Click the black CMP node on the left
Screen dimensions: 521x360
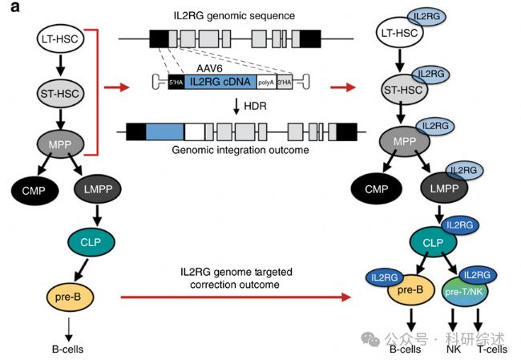[35, 191]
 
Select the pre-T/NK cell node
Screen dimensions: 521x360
[464, 293]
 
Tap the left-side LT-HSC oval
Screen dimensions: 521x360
[60, 39]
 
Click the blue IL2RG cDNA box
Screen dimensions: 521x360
[220, 82]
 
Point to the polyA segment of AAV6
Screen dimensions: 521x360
[266, 82]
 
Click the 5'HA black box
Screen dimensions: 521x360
[176, 82]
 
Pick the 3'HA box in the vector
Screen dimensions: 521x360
[285, 82]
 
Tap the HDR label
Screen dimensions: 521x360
[255, 106]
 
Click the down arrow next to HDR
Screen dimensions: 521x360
[236, 107]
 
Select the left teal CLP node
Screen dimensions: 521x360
[91, 242]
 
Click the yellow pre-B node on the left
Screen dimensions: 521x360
[70, 297]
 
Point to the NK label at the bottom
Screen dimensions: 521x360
[454, 350]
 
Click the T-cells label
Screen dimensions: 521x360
[492, 350]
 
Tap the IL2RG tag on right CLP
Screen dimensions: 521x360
[460, 225]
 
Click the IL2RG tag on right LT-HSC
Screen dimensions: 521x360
[426, 16]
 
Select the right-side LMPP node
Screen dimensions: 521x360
[444, 188]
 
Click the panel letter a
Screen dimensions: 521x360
[15, 6]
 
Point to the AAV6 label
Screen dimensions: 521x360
[209, 69]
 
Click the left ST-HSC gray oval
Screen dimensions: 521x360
[60, 93]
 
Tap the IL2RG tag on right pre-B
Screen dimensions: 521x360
[385, 277]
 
